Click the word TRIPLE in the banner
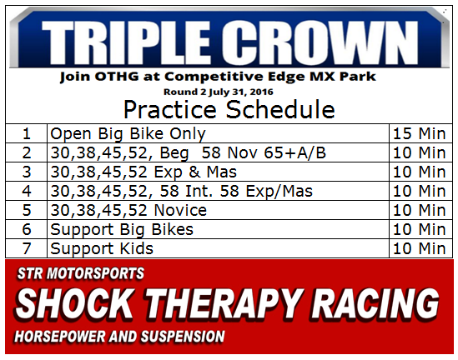[126, 43]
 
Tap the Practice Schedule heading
[229, 109]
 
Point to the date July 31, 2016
[241, 92]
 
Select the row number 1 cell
[27, 133]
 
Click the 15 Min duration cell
[420, 133]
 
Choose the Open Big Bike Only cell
[218, 133]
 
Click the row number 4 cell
[27, 191]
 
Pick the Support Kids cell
[218, 248]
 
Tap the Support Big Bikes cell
[218, 229]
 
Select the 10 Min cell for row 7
[420, 248]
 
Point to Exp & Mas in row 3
[195, 172]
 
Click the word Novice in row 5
[180, 210]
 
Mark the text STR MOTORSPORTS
[81, 273]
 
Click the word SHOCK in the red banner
[74, 303]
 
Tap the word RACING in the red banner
[375, 303]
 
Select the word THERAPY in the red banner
[223, 303]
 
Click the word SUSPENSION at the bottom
[183, 337]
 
